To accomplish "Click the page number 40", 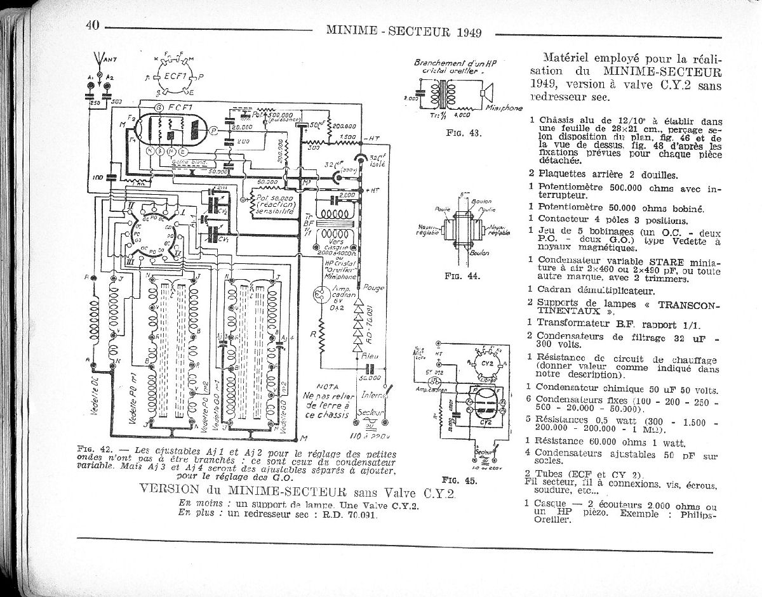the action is (x=93, y=25).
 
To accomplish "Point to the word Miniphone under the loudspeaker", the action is (x=505, y=108).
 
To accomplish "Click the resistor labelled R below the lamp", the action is (x=321, y=332).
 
